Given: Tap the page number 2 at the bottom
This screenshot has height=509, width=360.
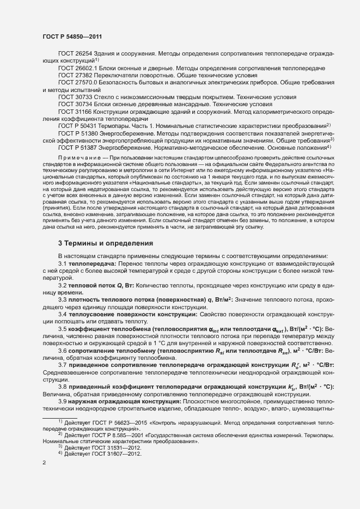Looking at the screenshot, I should coord(44,479).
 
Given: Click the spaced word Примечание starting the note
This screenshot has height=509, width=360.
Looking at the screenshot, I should coord(81,157).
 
